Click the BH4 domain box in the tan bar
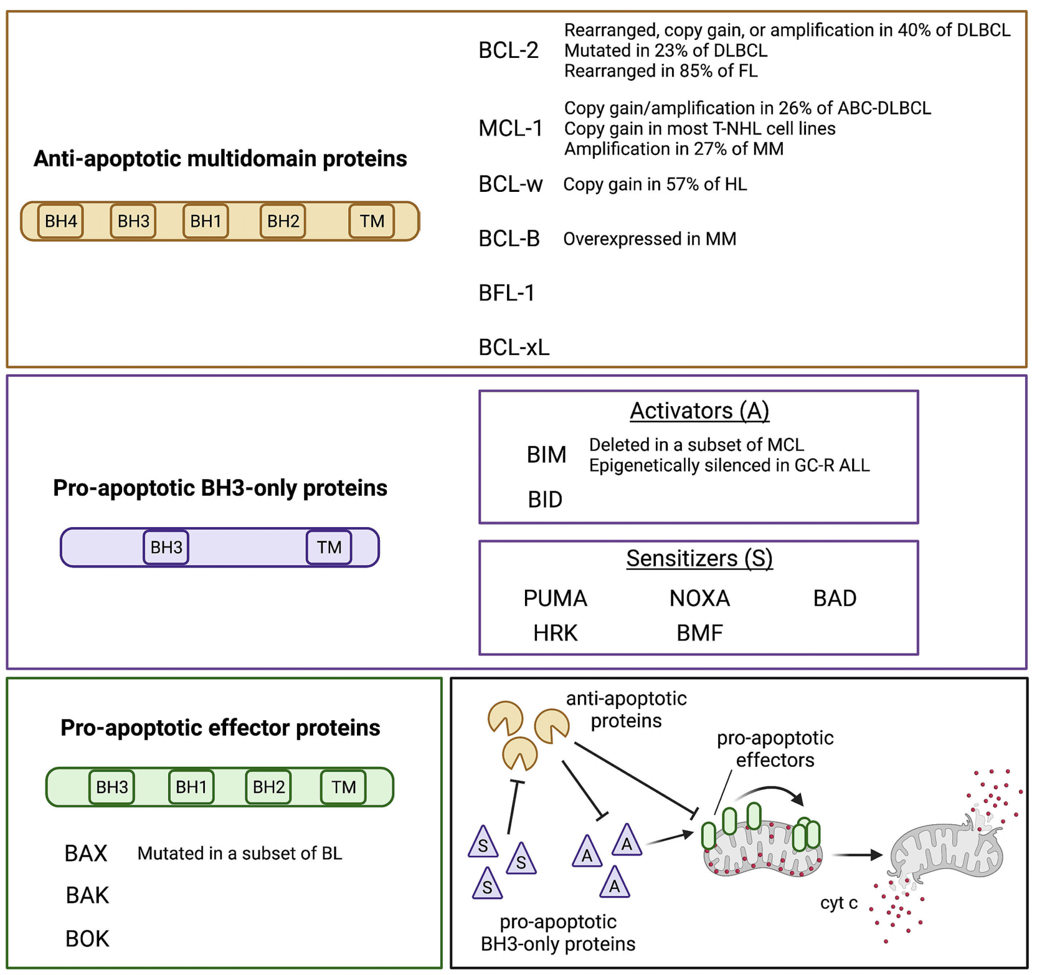[60, 221]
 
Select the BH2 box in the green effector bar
[268, 787]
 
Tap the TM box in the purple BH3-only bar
[329, 547]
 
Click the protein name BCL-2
[508, 50]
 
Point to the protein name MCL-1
[510, 128]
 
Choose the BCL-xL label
[514, 348]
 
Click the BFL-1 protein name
[506, 293]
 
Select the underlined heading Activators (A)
[699, 411]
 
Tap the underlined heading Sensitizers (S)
[699, 558]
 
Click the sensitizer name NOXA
[699, 599]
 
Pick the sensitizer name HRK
[556, 634]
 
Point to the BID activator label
[545, 500]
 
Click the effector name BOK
[87, 939]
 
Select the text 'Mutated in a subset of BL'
[240, 854]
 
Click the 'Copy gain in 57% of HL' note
[655, 184]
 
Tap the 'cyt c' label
[838, 903]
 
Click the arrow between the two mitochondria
[858, 855]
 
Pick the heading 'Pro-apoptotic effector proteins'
[220, 728]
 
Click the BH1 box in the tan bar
[206, 221]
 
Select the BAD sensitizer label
[835, 599]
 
